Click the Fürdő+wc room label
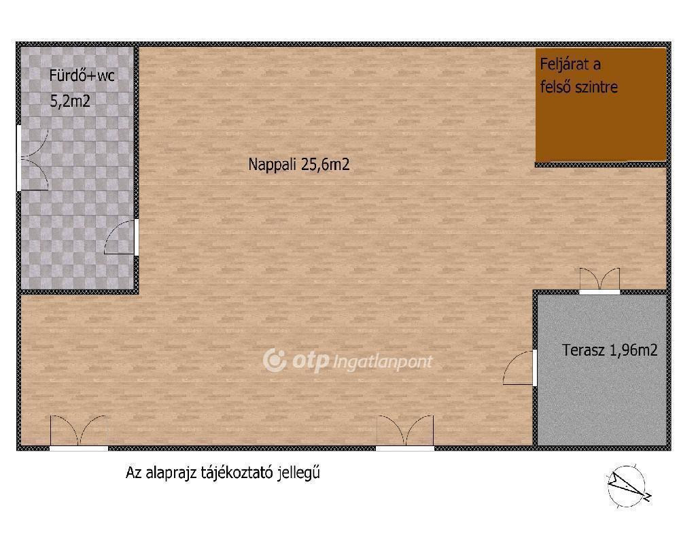(x=82, y=75)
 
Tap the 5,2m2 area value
(x=70, y=101)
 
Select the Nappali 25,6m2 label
(x=299, y=165)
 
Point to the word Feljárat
(x=570, y=65)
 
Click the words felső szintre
(x=579, y=86)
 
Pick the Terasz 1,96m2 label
(x=610, y=350)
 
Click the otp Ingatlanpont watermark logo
(x=347, y=360)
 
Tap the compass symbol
(x=627, y=486)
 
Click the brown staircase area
(x=601, y=105)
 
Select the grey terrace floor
(x=602, y=369)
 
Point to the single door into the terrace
(x=520, y=367)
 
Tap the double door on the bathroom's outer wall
(x=33, y=158)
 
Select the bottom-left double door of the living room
(x=79, y=433)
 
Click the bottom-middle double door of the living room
(x=405, y=433)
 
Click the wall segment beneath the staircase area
(x=601, y=165)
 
